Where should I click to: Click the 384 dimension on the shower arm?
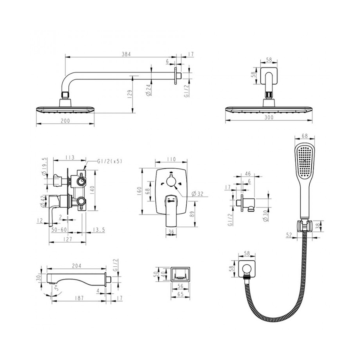(126, 54)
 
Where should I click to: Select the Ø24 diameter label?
(149, 90)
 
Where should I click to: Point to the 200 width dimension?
(65, 121)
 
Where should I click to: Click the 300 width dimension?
(269, 117)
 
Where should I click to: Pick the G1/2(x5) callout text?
(110, 161)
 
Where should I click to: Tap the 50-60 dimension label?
(59, 229)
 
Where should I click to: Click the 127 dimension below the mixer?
(67, 239)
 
